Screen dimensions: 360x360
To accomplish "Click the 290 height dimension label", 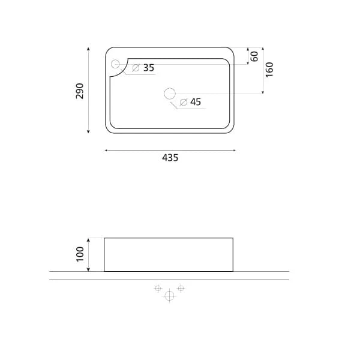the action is (x=80, y=91).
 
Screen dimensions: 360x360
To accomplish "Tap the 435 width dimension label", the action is (x=170, y=158).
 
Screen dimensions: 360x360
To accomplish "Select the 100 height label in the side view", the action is (x=80, y=254).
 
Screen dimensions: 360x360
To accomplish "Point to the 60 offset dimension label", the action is (x=254, y=56).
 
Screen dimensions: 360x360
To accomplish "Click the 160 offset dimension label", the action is (x=269, y=70).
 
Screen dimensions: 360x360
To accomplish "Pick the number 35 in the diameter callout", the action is (x=149, y=68).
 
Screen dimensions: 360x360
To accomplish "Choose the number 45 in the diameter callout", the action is (x=196, y=102).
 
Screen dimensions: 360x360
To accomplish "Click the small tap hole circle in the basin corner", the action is (x=115, y=64).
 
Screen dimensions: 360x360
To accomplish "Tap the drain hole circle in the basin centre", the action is (x=170, y=94).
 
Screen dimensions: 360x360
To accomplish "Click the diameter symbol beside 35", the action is (x=136, y=68).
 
